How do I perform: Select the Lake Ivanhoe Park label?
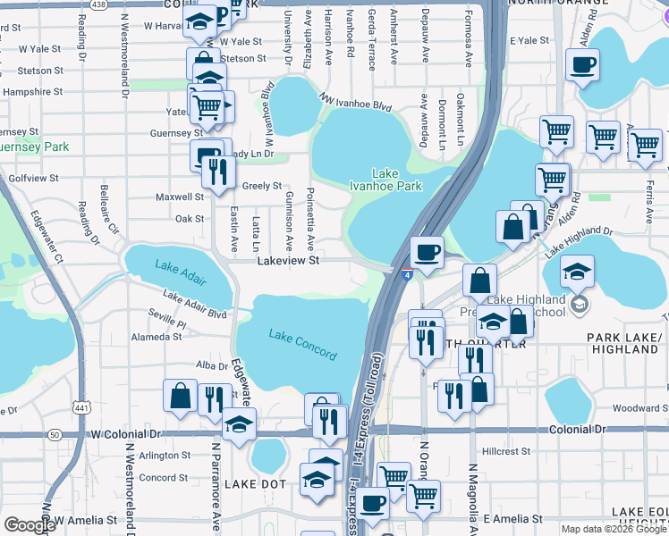click(396, 180)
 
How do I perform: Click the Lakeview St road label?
click(288, 261)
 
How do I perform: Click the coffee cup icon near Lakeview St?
click(428, 252)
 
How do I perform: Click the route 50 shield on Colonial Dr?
click(55, 434)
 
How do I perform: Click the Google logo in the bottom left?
click(29, 525)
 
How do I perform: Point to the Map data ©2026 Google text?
click(614, 529)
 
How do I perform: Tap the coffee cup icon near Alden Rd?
click(582, 65)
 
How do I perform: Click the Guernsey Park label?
click(34, 146)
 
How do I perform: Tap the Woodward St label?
click(637, 408)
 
